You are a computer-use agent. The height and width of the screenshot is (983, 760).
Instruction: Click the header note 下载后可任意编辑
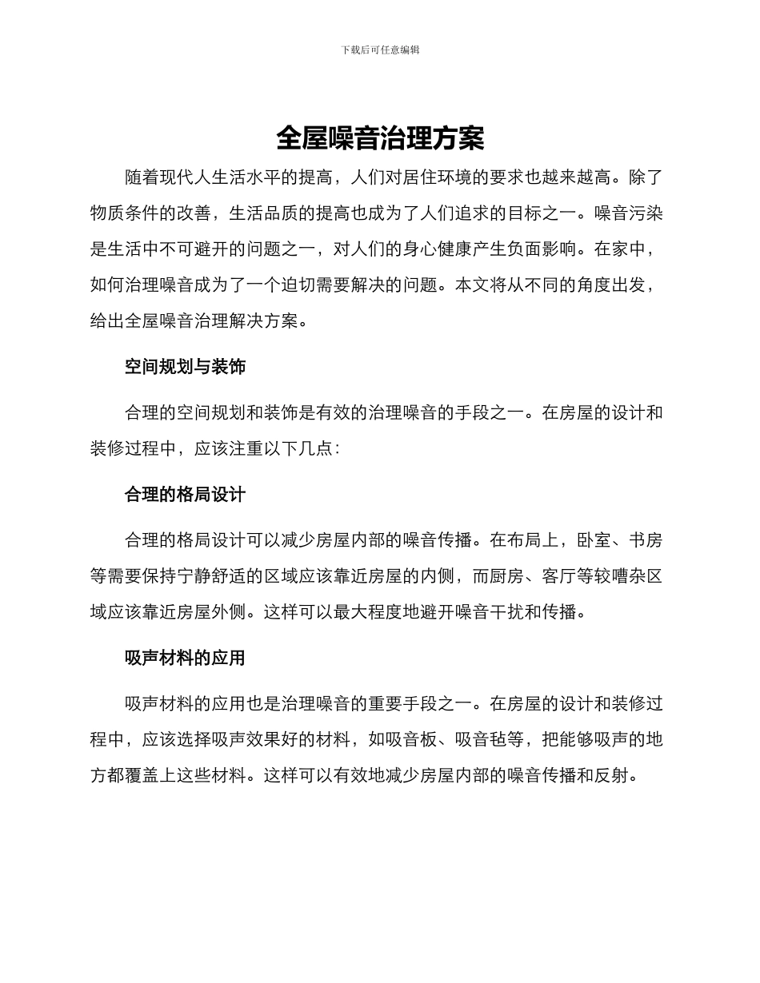(380, 50)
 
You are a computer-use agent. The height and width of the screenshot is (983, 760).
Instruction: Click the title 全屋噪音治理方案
(380, 138)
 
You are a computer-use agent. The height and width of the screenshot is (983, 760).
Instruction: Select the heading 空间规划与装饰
(185, 367)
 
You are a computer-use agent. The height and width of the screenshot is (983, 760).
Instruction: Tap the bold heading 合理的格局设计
(185, 495)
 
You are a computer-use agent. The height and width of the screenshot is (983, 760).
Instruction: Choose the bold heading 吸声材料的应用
(185, 659)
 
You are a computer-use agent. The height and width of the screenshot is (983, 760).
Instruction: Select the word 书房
(646, 541)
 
